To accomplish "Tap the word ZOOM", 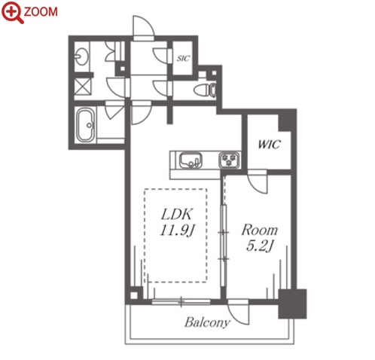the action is tap(41, 12).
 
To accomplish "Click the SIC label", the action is tap(183, 58).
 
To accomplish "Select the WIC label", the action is tap(269, 144).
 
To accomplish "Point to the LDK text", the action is tap(177, 214).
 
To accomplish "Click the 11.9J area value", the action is tap(178, 230).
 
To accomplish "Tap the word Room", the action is tap(260, 230).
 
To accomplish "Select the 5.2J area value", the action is tap(260, 246).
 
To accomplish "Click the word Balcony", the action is tap(207, 322).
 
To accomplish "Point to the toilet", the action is tap(205, 90).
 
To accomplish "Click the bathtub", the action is tap(86, 125).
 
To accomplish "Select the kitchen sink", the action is tap(191, 160).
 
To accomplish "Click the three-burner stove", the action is tap(229, 160).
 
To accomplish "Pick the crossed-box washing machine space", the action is tap(83, 87).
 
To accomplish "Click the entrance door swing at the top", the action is tap(143, 26).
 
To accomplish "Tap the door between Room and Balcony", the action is tap(238, 312).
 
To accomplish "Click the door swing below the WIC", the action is tap(258, 184).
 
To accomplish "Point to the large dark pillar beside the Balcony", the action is tap(293, 304).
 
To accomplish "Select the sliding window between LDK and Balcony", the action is tap(181, 301).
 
